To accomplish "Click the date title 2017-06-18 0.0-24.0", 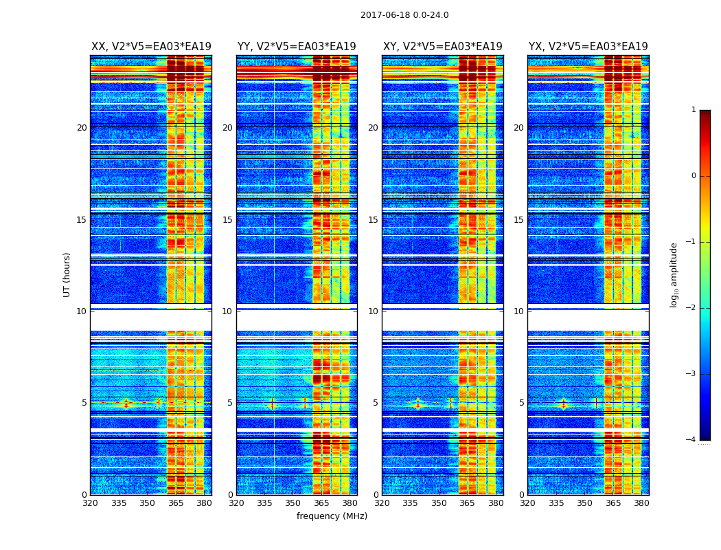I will coord(404,15).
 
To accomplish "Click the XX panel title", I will coord(151,47).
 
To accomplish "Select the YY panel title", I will coord(297,47).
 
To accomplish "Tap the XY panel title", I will coord(442,47).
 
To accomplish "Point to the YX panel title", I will coord(588,47).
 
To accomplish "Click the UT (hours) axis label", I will coord(67,274).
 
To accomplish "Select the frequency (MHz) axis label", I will coord(332,516).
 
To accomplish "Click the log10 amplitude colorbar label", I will coord(674,274).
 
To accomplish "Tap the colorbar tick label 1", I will coord(694,110).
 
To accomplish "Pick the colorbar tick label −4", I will coord(691,440).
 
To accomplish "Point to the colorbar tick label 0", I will coord(694,176).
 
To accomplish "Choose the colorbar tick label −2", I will coord(691,308).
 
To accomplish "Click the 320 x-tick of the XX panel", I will coord(90,504).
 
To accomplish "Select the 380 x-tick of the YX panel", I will coord(641,504).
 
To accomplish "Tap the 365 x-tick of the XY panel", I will coord(468,504).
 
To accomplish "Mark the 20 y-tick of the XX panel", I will coord(82,128).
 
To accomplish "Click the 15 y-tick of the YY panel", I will coord(227,220).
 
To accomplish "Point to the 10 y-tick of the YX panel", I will coord(518,311).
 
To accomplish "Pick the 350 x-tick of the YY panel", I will coord(293,504).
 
